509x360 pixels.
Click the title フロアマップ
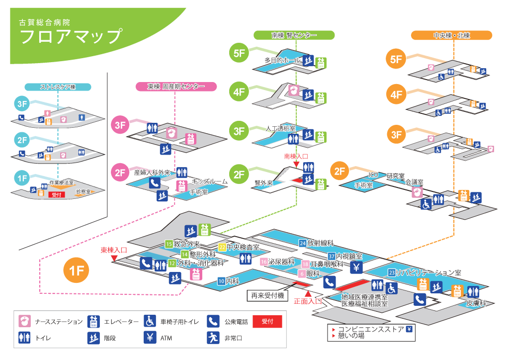pos(71,37)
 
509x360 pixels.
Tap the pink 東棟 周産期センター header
pos(176,87)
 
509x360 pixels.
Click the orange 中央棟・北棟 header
pos(451,35)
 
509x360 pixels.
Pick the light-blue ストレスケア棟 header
pos(58,87)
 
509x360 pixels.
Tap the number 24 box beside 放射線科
pos(302,243)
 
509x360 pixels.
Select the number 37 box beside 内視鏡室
pos(332,256)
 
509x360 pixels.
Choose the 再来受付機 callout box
pos(267,296)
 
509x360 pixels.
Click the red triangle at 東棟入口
pos(114,258)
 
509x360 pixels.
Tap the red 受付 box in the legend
pos(267,322)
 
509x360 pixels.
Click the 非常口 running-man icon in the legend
pos(213,338)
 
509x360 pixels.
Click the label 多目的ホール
pos(283,60)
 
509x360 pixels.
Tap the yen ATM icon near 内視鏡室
pos(356,268)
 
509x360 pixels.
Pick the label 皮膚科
pos(475,303)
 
